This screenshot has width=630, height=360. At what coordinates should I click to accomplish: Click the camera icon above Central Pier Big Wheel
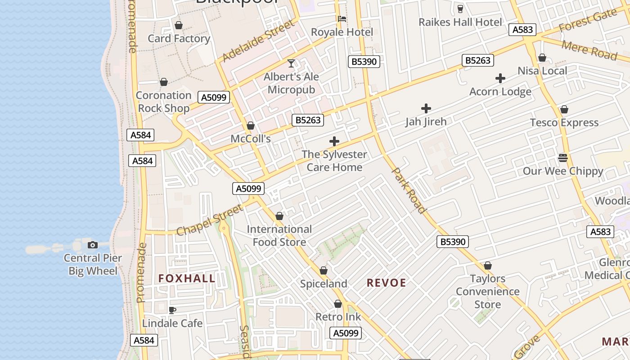(93, 245)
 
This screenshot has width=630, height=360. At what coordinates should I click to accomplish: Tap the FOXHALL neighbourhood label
(187, 278)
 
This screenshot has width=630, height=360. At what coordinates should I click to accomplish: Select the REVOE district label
(386, 283)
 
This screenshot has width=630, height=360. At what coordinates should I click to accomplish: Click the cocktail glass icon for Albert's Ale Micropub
(291, 63)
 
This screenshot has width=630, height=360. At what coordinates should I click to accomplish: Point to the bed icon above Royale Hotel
(342, 19)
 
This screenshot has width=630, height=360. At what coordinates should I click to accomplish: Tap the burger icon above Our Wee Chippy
(562, 158)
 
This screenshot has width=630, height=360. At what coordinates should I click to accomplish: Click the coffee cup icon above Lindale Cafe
(172, 310)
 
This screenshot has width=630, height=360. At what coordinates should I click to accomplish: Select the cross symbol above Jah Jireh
(426, 108)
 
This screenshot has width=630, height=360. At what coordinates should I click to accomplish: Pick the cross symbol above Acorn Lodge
(500, 79)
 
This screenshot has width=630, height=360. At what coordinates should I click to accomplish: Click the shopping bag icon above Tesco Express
(564, 110)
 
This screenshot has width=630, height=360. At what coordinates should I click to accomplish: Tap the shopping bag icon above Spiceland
(323, 271)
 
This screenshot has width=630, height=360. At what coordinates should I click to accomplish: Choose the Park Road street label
(409, 190)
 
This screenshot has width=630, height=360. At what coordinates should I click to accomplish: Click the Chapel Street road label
(209, 220)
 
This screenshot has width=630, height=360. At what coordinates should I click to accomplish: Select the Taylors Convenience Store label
(487, 292)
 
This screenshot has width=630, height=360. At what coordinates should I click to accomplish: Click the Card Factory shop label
(179, 39)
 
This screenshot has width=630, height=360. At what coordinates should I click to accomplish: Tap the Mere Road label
(589, 49)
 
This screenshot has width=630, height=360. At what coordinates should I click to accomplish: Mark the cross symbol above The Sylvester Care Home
(334, 142)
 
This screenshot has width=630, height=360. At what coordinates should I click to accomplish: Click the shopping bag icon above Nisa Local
(542, 58)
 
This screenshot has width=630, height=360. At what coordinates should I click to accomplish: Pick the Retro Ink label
(338, 317)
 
